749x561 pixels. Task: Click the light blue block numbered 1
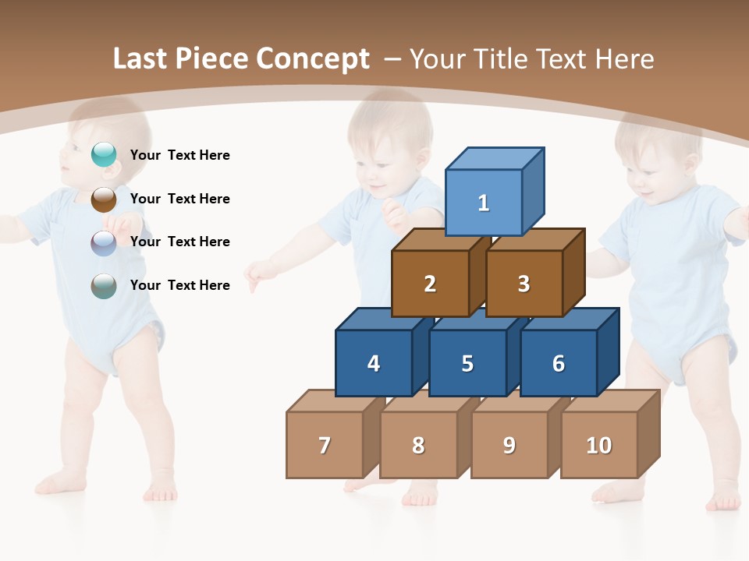[x=484, y=203]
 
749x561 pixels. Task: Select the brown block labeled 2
[x=430, y=284]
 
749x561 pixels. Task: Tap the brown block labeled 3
[x=524, y=284]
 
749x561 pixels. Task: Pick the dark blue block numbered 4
[x=374, y=363]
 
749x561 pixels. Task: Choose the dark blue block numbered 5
[x=467, y=363]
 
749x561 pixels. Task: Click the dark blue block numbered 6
[x=559, y=363]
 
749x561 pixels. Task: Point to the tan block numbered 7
[x=325, y=445]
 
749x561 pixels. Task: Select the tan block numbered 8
[x=418, y=445]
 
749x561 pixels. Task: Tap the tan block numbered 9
[x=509, y=445]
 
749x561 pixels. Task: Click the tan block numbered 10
[x=599, y=445]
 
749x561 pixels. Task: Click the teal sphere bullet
[x=104, y=155]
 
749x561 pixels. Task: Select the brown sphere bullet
[x=104, y=199]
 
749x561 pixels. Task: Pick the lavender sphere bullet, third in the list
[x=104, y=242]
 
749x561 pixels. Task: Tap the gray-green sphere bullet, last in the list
[x=104, y=286]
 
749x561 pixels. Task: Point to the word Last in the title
[x=141, y=58]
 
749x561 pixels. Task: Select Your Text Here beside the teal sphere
[x=180, y=155]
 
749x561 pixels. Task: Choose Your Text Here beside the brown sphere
[x=180, y=199]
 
